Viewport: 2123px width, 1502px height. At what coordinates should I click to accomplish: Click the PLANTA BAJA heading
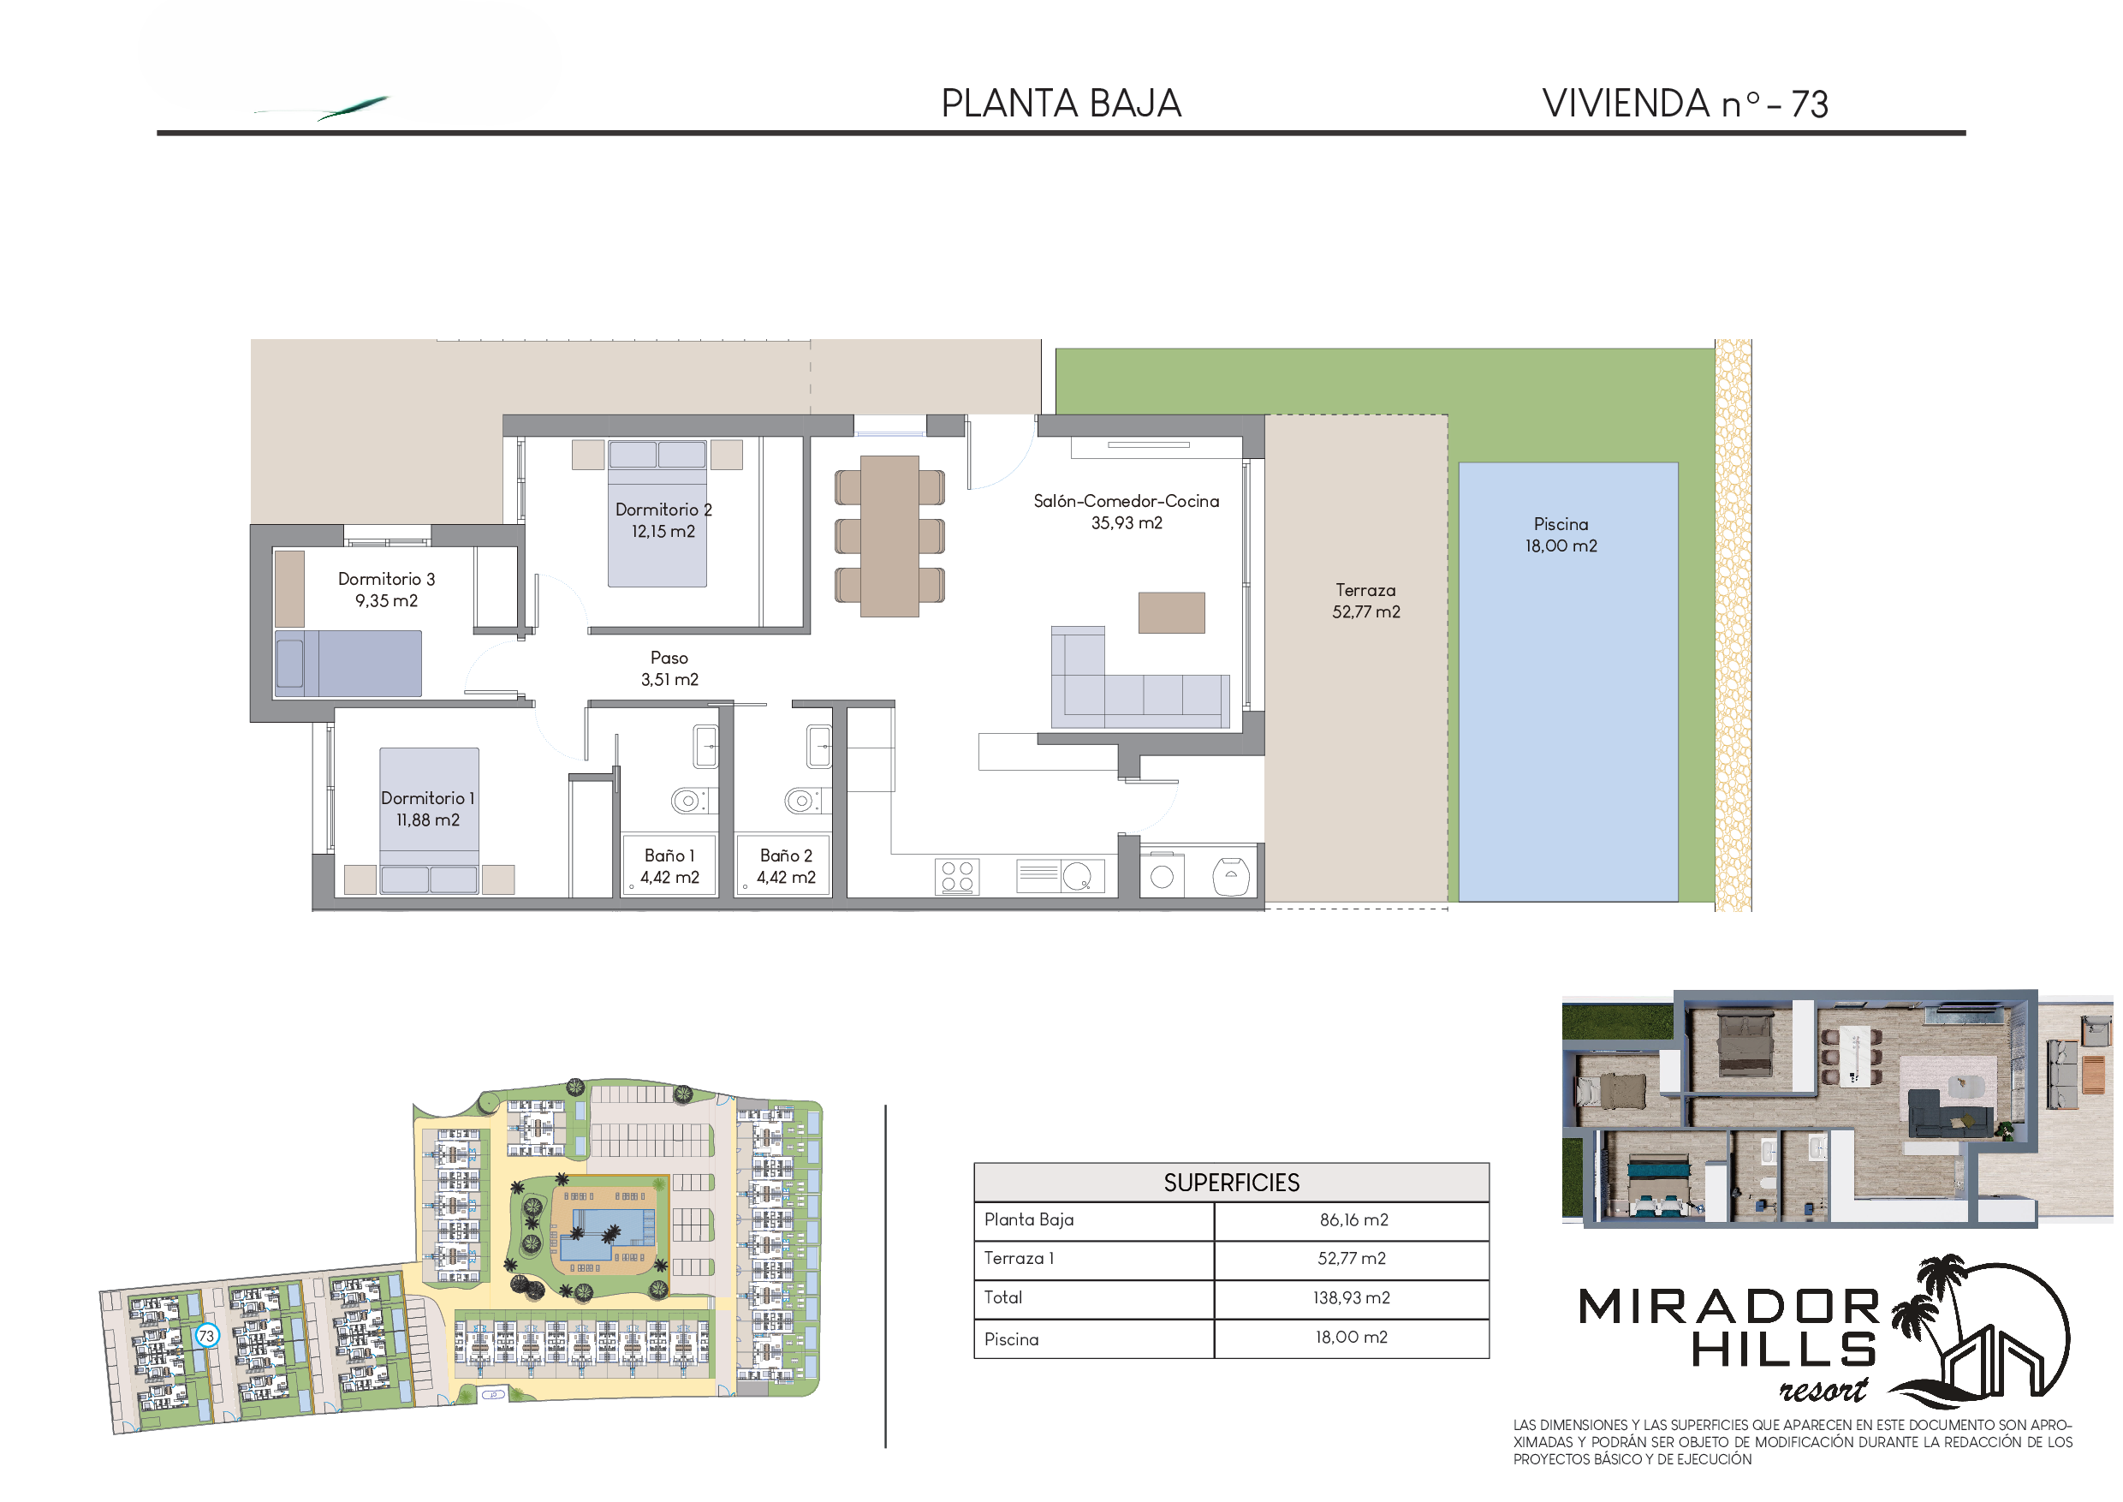[1061, 104]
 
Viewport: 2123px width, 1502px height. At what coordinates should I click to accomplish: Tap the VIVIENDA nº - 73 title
[1685, 104]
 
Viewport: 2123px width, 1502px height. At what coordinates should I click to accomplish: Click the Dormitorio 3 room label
[385, 589]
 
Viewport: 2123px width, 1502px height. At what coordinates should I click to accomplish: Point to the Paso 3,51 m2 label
[669, 668]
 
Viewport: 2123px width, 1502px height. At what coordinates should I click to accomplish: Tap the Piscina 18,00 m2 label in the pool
[1561, 534]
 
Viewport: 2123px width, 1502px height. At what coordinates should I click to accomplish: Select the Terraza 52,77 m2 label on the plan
[1365, 600]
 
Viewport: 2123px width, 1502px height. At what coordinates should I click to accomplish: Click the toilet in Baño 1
[689, 800]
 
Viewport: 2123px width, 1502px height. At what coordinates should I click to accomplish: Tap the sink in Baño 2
[819, 747]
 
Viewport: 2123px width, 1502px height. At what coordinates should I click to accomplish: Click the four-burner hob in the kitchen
[957, 877]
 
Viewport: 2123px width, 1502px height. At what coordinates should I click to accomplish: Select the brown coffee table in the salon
[1172, 612]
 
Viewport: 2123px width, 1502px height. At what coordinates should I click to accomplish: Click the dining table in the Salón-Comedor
[889, 535]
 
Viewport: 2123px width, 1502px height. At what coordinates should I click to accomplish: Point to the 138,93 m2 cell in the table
[1351, 1297]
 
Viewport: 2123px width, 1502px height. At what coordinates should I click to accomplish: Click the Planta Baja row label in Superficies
[1028, 1219]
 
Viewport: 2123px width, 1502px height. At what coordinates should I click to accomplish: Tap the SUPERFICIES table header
[1231, 1182]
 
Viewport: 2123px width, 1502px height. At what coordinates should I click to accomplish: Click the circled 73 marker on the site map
[206, 1336]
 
